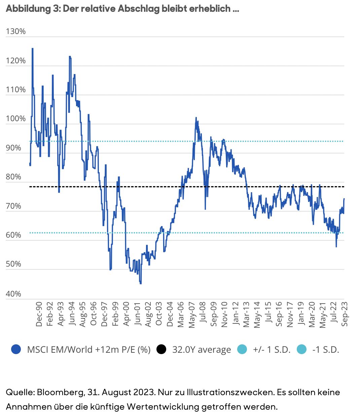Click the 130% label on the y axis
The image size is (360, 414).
pos(16,31)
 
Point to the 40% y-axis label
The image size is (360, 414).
pos(13,294)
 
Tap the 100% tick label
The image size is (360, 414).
pos(16,118)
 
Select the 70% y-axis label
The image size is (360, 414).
pos(13,206)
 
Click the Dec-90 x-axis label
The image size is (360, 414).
pos(39,314)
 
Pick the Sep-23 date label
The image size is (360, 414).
pos(345,314)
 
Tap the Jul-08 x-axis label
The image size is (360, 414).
pos(203,314)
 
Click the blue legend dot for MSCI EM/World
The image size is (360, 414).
pos(16,349)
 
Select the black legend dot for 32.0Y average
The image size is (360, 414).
pos(161,349)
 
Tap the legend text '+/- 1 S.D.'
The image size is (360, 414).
pos(272,350)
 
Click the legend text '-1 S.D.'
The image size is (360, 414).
pos(326,350)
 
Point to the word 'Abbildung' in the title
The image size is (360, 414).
pos(29,9)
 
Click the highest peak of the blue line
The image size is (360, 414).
pos(32,48)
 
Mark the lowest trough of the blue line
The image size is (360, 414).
pos(141,284)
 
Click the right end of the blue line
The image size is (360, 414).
pos(344,199)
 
